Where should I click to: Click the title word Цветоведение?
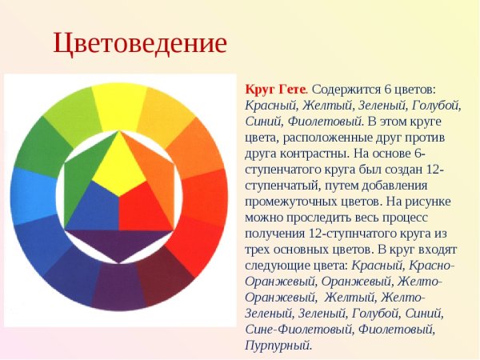[x=140, y=42]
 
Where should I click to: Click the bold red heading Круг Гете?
[x=275, y=89]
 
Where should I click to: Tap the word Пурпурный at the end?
[x=278, y=345]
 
